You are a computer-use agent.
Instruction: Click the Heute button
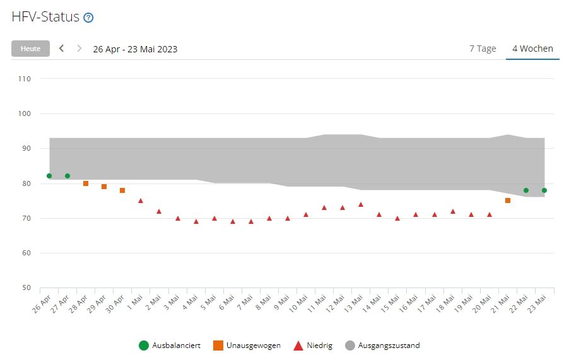(30, 49)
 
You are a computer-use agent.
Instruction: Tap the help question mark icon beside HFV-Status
(88, 18)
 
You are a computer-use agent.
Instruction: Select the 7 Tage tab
(483, 49)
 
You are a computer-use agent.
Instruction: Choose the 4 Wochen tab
(532, 49)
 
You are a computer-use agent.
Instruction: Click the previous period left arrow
(61, 49)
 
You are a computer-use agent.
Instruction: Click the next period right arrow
(79, 49)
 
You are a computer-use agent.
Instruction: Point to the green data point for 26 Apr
(49, 176)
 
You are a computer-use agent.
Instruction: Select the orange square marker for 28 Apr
(86, 183)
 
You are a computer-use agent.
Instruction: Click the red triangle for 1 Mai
(141, 200)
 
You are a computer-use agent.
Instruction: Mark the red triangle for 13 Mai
(361, 204)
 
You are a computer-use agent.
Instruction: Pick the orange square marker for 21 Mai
(508, 200)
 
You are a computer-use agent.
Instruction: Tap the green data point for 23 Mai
(544, 190)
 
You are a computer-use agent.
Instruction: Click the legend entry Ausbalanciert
(170, 345)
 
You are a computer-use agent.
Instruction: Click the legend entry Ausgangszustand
(382, 345)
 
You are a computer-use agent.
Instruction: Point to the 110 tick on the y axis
(25, 79)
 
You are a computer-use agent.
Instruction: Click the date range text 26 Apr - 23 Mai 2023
(135, 49)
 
